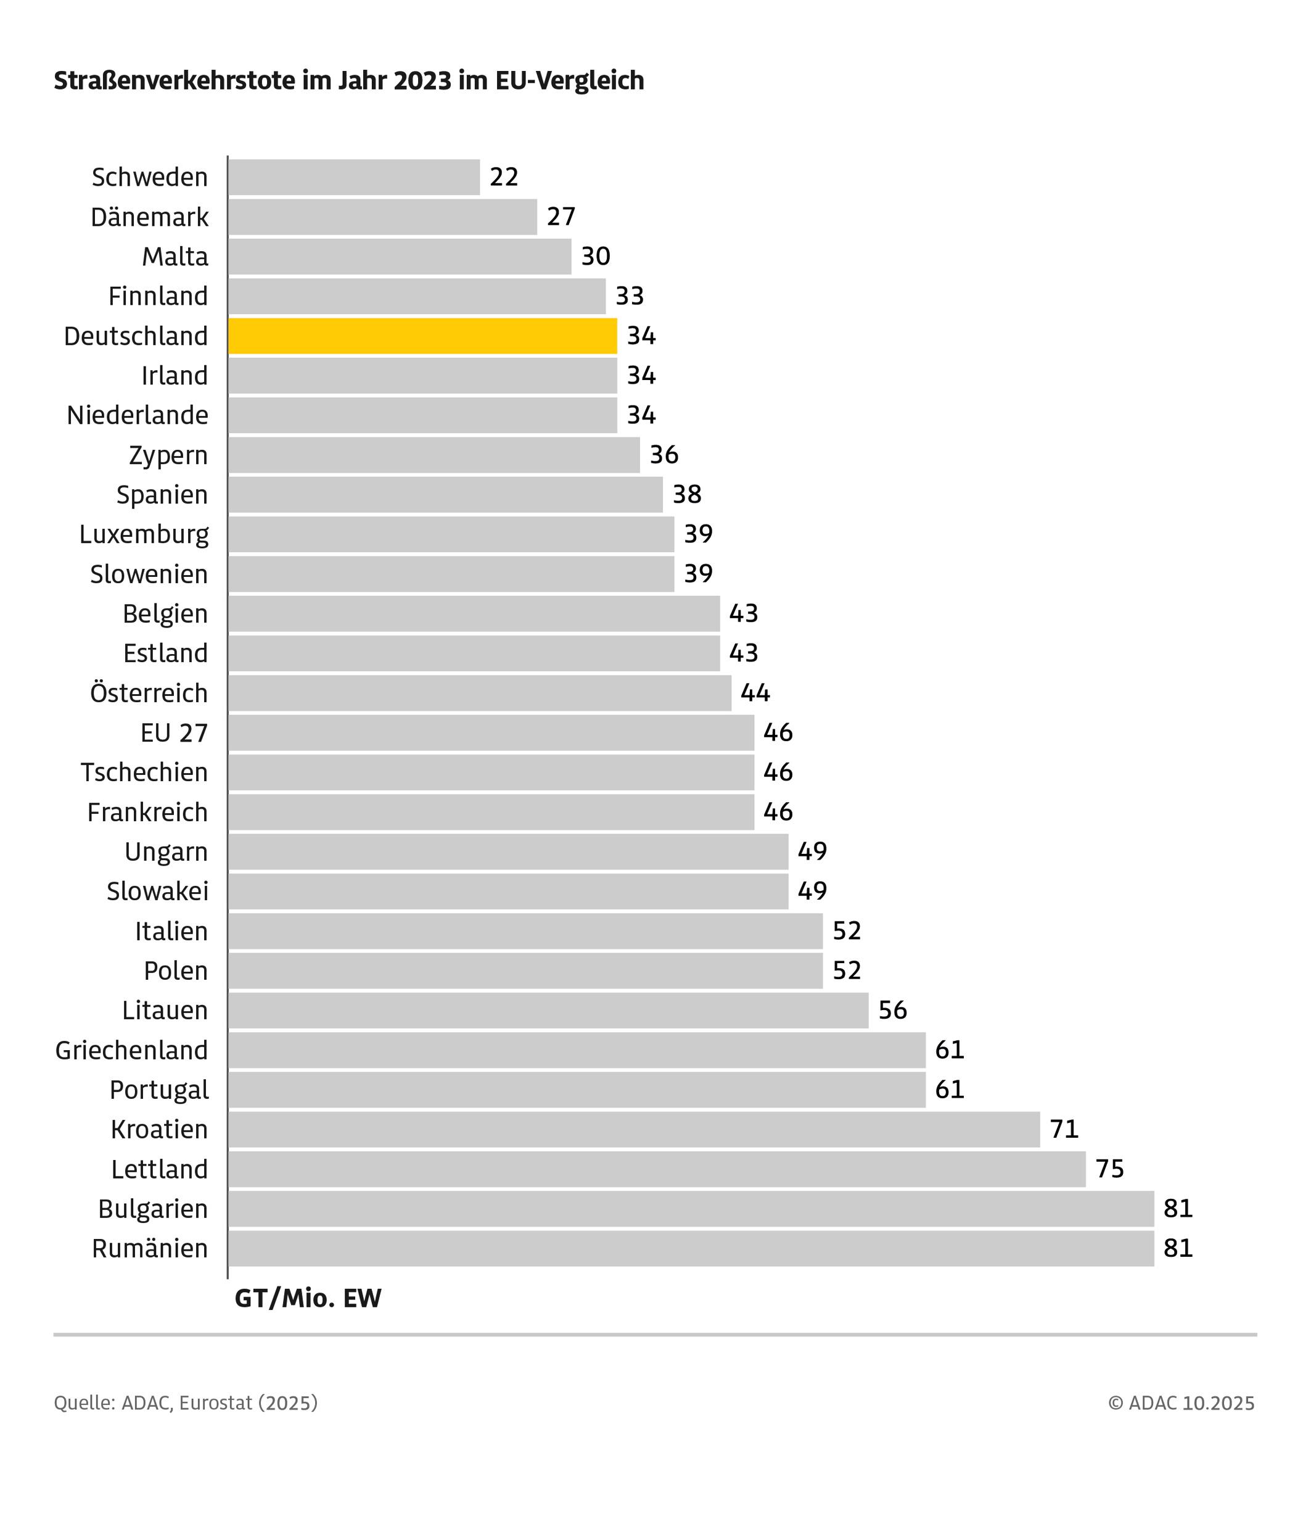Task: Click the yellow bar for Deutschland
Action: click(x=423, y=336)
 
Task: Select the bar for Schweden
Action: click(x=354, y=177)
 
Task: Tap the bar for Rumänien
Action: click(x=691, y=1249)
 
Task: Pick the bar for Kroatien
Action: click(x=634, y=1130)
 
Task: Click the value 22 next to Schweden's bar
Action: click(x=504, y=177)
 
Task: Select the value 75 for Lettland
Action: click(x=1109, y=1169)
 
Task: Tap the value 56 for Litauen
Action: click(x=893, y=1011)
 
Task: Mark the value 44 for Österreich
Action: click(x=755, y=693)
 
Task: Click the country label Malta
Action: click(x=175, y=257)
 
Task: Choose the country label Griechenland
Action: click(x=131, y=1050)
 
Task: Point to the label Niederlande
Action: click(x=138, y=416)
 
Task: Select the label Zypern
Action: click(x=168, y=455)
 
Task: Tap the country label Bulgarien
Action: click(x=153, y=1209)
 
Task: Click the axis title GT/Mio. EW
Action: click(x=308, y=1299)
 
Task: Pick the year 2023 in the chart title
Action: click(x=422, y=80)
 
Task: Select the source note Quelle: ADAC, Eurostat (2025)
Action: click(x=185, y=1403)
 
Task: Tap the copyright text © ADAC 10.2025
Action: click(x=1181, y=1403)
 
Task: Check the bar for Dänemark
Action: click(x=382, y=217)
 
